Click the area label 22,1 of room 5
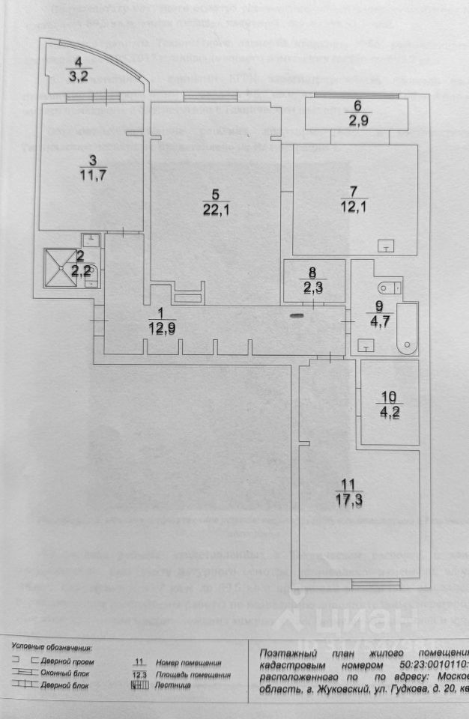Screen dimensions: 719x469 (x=214, y=210)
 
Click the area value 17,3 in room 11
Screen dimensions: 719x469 (x=349, y=497)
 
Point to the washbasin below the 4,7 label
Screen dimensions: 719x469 (x=367, y=345)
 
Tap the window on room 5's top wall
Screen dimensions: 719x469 (x=204, y=96)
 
